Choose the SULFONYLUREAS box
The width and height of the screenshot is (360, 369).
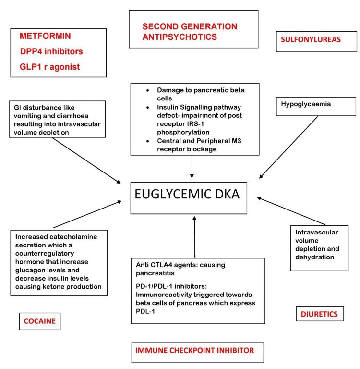tap(310, 41)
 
